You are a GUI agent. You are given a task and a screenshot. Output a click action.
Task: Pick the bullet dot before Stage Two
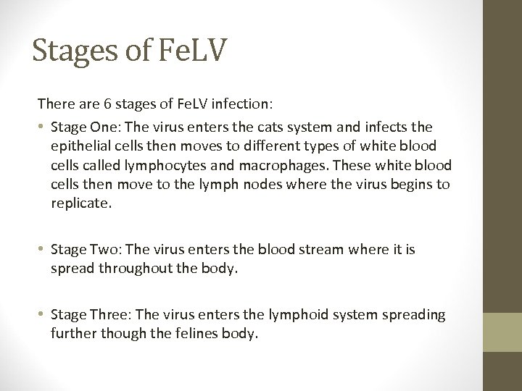43,250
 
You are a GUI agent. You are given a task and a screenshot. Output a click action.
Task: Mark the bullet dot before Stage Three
43,315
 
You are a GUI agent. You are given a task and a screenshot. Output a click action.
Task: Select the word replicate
81,204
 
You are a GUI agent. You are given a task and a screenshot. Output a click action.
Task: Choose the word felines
179,335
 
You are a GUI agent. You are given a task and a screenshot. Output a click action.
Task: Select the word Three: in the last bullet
111,315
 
